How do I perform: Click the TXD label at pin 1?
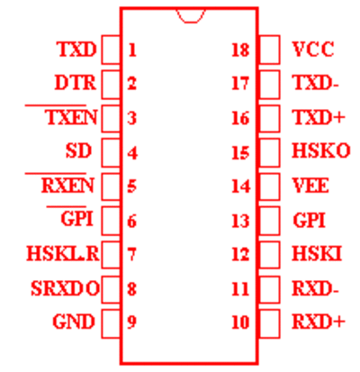pos(77,50)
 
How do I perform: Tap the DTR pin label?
pos(76,83)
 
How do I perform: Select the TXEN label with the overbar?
pos(71,117)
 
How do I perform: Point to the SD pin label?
pos(78,150)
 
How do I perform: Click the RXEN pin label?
pos(67,186)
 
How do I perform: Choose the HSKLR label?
pos(63,254)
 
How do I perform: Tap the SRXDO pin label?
pos(65,288)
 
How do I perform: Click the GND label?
pos(74,322)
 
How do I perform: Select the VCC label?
pos(313,50)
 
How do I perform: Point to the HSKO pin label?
pos(321,150)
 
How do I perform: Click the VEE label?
pos(310,186)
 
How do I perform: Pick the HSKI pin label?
pos(317,254)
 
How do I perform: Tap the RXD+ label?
pos(319,322)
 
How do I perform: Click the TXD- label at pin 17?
pos(316,83)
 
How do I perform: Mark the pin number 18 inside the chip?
pos(240,50)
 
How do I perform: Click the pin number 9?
pos(132,322)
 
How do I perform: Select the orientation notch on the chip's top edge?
pos(191,15)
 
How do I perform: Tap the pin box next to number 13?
pos(269,221)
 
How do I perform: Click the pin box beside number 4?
pos(111,152)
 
